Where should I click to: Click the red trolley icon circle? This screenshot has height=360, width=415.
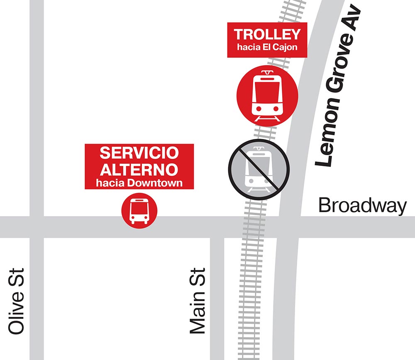267,95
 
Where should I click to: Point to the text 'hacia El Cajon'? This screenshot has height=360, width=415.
267,47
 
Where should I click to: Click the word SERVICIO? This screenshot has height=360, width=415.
139,153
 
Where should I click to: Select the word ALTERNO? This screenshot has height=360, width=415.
139,169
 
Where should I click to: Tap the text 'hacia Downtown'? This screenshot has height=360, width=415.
139,183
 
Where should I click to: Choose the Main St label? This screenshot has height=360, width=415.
198,301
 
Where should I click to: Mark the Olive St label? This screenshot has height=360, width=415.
17,301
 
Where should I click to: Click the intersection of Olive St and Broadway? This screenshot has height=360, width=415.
36,227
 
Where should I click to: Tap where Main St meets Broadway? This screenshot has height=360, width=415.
217,227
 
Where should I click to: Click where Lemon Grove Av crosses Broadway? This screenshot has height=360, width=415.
290,227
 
